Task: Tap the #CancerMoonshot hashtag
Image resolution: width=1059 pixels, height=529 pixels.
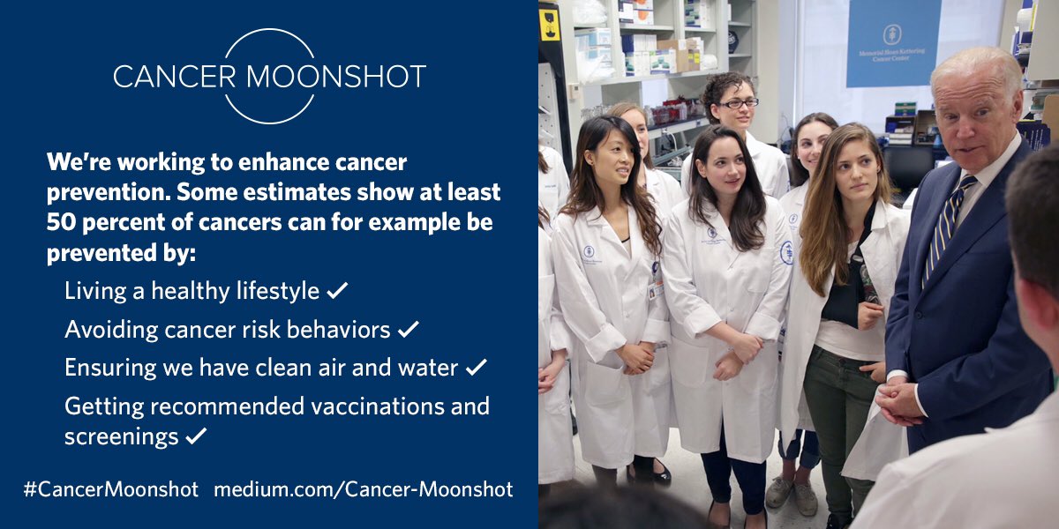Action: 111,489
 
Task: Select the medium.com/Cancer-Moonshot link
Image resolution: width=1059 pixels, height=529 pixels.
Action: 363,489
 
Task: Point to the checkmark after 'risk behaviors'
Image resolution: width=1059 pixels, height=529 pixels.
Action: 408,330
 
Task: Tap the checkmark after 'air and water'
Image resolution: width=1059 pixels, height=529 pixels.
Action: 476,368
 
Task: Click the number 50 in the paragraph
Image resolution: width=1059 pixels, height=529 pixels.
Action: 59,221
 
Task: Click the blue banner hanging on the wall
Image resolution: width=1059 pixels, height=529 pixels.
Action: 892,42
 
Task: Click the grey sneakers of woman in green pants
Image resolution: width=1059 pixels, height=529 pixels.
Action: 792,494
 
